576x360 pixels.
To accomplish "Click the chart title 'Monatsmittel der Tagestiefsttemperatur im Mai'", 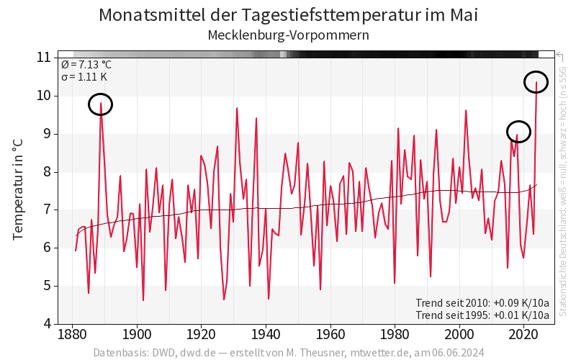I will click(x=288, y=15).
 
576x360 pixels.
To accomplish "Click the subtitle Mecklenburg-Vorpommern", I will click(x=288, y=35).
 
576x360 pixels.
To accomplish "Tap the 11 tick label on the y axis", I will click(x=43, y=58).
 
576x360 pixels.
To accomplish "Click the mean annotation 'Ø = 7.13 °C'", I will click(x=86, y=64).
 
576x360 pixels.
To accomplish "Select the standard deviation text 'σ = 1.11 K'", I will click(x=84, y=76).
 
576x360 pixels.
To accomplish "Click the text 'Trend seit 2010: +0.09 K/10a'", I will click(x=482, y=302).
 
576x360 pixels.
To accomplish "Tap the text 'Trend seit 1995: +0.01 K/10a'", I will click(x=482, y=315).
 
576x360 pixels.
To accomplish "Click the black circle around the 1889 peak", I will click(x=101, y=105).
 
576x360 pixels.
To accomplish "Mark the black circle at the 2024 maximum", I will click(x=536, y=82).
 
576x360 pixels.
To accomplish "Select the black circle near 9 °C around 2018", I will click(x=518, y=132).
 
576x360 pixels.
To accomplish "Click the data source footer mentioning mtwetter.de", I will click(x=288, y=353).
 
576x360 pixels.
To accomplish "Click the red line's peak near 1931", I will click(x=237, y=108).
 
